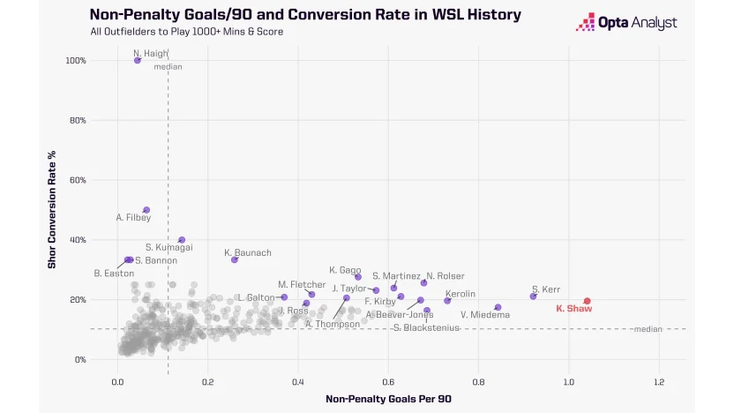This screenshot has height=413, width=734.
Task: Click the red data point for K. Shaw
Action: pyautogui.click(x=587, y=301)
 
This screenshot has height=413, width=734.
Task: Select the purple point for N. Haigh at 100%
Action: pyautogui.click(x=138, y=60)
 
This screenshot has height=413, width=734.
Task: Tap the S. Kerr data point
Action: pyautogui.click(x=533, y=296)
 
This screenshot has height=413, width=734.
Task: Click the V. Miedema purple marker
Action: pyautogui.click(x=498, y=307)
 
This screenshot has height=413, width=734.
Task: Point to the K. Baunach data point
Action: pyautogui.click(x=235, y=259)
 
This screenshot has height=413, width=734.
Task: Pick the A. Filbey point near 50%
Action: pyautogui.click(x=146, y=210)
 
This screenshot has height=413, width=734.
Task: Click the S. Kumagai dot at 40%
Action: pyautogui.click(x=182, y=240)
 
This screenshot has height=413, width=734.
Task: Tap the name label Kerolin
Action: pyautogui.click(x=461, y=294)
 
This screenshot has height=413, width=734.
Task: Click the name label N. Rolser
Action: pyautogui.click(x=445, y=276)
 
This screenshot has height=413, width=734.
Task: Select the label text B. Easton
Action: pyautogui.click(x=114, y=274)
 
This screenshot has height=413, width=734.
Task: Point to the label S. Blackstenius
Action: pyautogui.click(x=428, y=327)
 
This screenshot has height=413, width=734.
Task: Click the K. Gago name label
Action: pyautogui.click(x=345, y=270)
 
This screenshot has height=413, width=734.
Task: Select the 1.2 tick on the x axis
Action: pyautogui.click(x=659, y=383)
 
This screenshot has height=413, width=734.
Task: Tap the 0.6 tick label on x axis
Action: pyautogui.click(x=388, y=383)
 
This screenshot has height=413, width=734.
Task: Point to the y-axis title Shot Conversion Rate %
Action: pyautogui.click(x=52, y=210)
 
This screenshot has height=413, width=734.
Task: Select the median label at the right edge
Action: pyautogui.click(x=646, y=329)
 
